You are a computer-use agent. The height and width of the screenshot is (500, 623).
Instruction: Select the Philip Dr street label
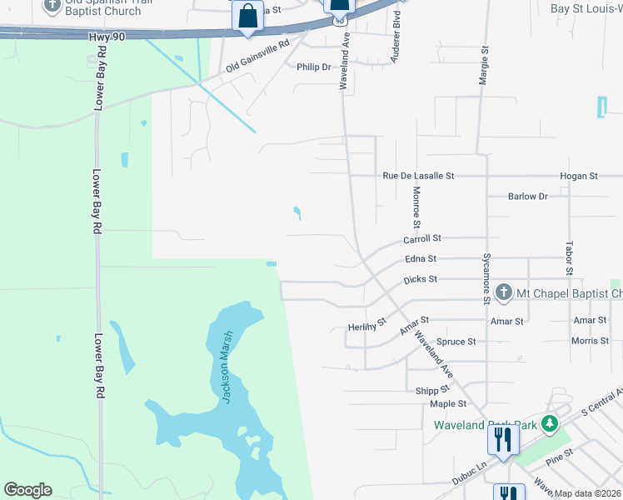(x=313, y=67)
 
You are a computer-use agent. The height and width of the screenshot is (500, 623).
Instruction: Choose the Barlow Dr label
(x=527, y=197)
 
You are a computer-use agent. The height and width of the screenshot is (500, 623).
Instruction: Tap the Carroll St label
(x=421, y=239)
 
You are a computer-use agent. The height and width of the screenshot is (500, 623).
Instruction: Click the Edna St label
(x=421, y=259)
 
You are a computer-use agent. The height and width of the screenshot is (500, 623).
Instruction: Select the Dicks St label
(x=421, y=279)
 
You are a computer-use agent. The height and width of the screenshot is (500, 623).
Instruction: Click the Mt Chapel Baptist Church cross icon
(x=503, y=292)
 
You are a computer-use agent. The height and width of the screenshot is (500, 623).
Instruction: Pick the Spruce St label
(x=456, y=342)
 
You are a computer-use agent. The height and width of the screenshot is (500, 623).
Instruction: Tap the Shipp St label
(x=433, y=389)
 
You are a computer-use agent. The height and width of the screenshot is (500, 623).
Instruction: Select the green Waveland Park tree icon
(x=549, y=424)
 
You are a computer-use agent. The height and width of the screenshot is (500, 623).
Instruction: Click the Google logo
(x=27, y=490)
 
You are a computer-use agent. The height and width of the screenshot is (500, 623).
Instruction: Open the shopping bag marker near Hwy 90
(x=248, y=16)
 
